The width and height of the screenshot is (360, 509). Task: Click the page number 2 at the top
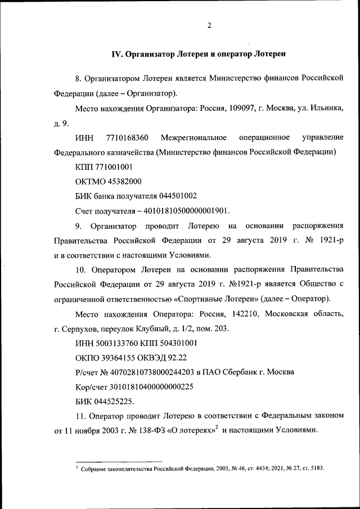point(209,25)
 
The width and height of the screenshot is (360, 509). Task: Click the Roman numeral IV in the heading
point(117,55)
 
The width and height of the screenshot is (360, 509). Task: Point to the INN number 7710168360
point(127,138)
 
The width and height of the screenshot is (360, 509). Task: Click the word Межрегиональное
point(193,138)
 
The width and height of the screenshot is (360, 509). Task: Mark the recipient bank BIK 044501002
point(177,196)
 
